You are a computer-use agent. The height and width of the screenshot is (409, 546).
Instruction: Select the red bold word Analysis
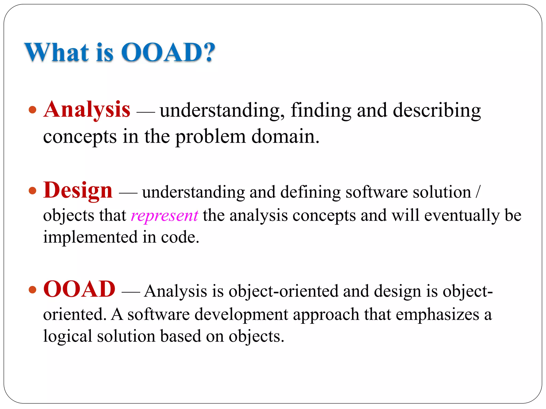point(87,110)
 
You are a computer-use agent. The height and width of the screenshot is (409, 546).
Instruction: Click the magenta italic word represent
point(164,216)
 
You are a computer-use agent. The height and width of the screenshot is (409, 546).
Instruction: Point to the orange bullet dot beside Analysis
point(32,109)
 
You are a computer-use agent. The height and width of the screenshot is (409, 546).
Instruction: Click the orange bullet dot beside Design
point(32,191)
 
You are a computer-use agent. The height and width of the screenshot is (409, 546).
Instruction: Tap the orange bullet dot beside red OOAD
point(32,289)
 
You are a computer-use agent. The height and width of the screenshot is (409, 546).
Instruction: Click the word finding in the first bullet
point(321,111)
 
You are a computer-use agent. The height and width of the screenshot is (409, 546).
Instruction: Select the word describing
point(437,111)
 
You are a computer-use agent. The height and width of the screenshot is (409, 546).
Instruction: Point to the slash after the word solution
point(478,192)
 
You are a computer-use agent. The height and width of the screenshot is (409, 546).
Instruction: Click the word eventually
point(461,216)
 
